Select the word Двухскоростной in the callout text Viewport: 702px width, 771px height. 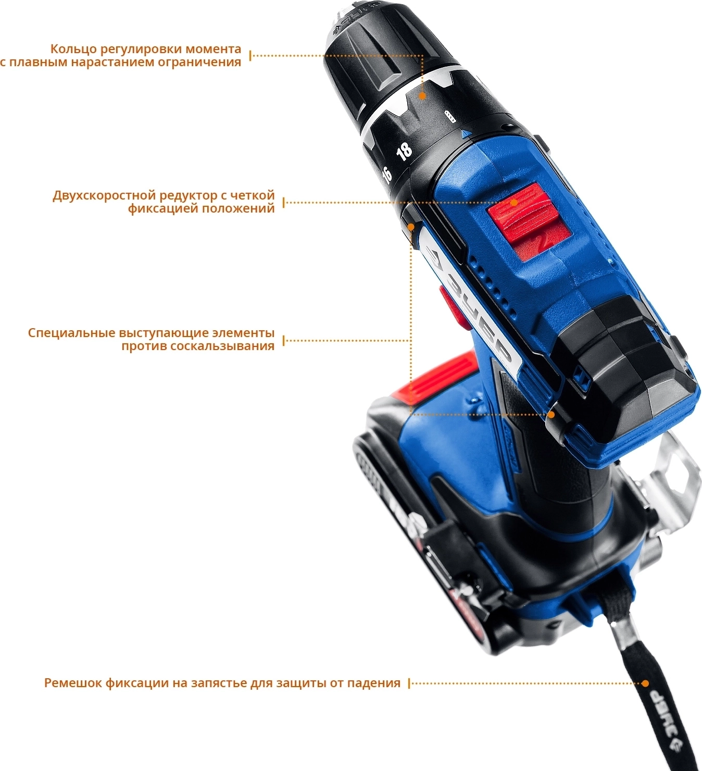pos(104,196)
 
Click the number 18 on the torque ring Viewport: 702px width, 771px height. pos(404,152)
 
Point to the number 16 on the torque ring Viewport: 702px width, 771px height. pos(386,174)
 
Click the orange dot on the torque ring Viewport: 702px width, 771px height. pos(422,96)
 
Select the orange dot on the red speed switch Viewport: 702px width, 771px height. pos(513,203)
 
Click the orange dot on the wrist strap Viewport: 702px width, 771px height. pos(646,683)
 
